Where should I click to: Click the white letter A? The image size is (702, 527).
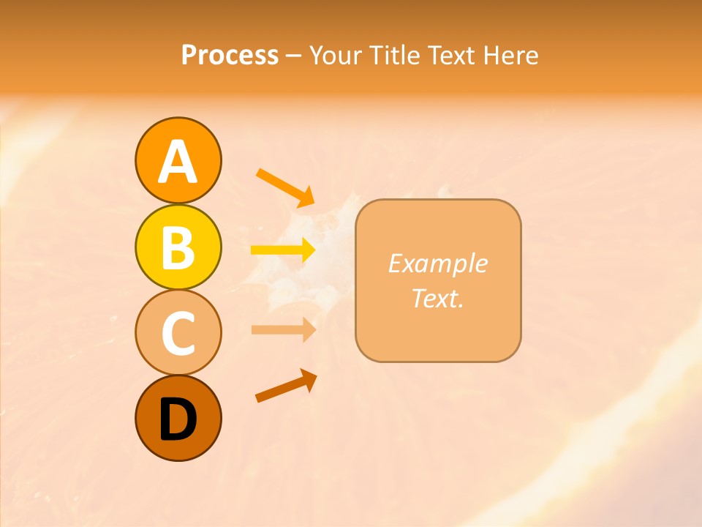tap(178, 162)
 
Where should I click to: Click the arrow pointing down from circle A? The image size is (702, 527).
tap(285, 187)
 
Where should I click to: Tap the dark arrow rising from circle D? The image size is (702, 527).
tap(286, 386)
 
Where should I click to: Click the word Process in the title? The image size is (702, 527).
tap(230, 56)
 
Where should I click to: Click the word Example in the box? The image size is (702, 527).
tap(437, 263)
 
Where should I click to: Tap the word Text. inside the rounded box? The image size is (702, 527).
tap(437, 298)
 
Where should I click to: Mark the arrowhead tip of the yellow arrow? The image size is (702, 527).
tap(314, 250)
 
